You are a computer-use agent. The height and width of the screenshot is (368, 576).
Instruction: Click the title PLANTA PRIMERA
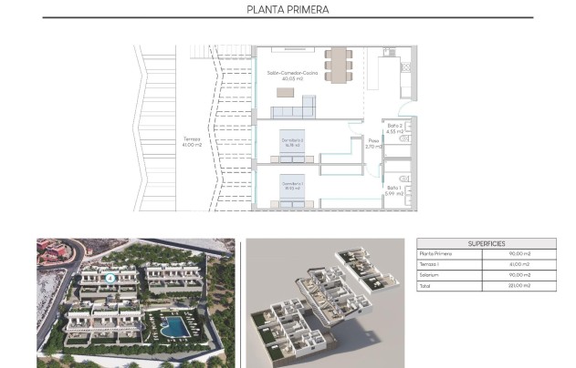point(288,10)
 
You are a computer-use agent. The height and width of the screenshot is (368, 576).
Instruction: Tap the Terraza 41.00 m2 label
point(191,142)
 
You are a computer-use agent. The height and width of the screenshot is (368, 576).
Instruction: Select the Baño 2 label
point(393,128)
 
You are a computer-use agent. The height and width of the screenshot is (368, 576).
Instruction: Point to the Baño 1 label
point(393,189)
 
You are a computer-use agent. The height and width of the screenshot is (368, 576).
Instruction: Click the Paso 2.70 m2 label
point(372,143)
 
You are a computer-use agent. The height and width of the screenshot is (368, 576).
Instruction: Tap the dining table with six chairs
point(338,64)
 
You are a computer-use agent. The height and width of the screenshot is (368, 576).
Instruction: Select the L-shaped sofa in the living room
point(295,111)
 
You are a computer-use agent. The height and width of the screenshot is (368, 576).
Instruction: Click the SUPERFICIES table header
point(485,243)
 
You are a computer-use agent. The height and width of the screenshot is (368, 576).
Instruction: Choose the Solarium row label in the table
point(429,275)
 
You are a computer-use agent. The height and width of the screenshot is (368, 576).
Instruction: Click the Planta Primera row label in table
point(435,254)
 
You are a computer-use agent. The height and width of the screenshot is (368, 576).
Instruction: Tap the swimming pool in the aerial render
point(173,323)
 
